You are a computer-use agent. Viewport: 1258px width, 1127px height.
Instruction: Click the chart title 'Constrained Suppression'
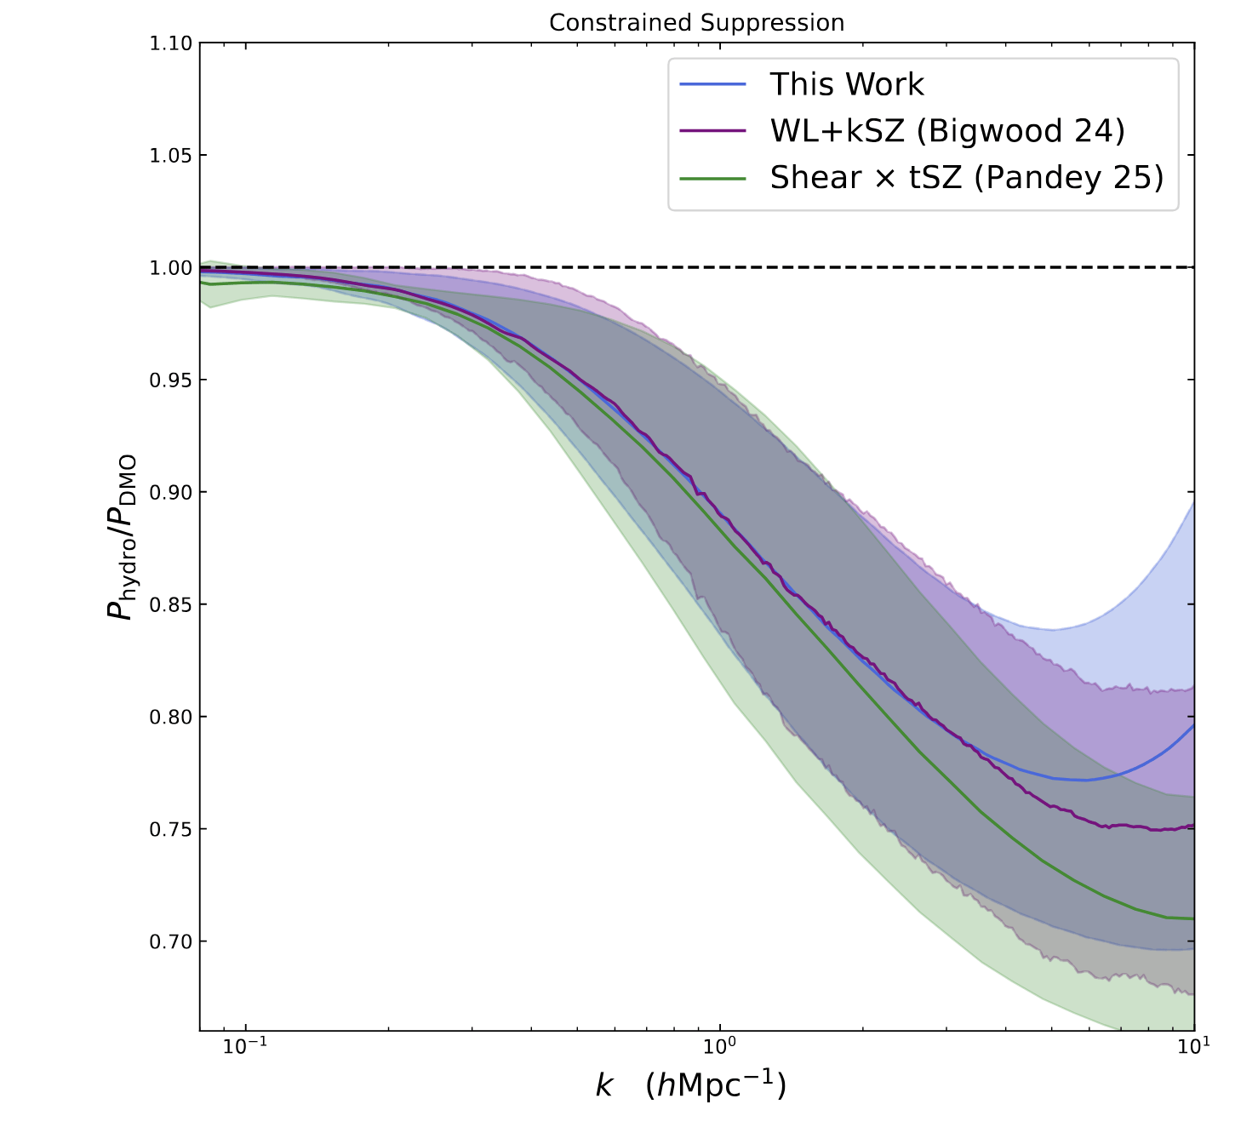[696, 23]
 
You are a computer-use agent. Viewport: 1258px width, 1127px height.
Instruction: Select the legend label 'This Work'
[846, 84]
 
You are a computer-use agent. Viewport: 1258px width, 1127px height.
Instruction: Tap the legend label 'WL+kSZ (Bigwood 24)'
[947, 131]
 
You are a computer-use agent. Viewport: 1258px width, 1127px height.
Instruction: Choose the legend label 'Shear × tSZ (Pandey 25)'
[966, 178]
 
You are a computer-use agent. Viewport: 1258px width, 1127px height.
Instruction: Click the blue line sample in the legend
[712, 84]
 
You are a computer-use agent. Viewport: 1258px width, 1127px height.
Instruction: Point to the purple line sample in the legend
[712, 131]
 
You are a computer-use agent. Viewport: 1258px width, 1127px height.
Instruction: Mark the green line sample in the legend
[712, 178]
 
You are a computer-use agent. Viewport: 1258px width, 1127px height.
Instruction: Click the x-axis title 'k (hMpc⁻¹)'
[690, 1086]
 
